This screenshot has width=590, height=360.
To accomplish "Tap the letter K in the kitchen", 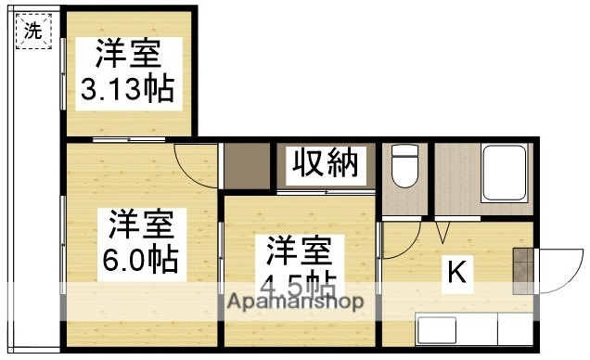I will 456,272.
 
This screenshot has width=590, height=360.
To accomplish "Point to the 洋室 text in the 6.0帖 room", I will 139,224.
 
